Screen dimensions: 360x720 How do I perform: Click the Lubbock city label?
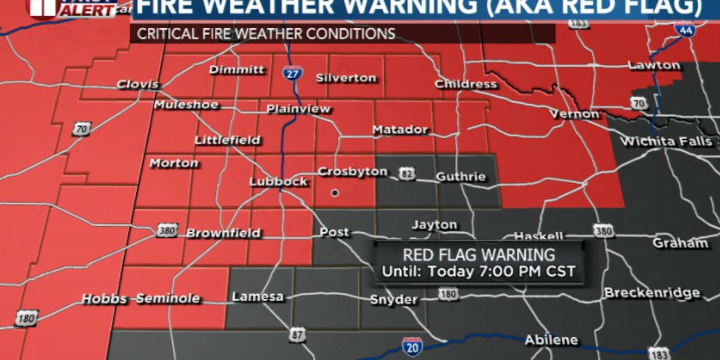coord(278,181)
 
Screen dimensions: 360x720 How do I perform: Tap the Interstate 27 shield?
coord(292,74)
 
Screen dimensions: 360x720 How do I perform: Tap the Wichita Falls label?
coord(666,142)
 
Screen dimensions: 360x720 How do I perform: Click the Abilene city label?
coord(551,340)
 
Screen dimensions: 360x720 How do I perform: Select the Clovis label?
coord(137,84)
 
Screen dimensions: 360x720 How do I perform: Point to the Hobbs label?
coord(104,299)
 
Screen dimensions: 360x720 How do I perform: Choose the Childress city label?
coord(466,84)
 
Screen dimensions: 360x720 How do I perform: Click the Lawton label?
coord(654,65)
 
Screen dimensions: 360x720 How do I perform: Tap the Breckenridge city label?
coord(652,293)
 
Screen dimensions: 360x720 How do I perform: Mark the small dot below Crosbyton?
coord(335,193)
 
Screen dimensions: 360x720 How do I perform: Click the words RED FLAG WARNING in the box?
coord(478,254)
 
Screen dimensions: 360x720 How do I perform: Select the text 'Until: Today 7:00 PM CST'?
coord(478,271)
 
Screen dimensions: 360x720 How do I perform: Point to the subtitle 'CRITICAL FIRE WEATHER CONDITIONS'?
coord(266,34)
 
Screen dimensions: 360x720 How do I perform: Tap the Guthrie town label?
coord(460,177)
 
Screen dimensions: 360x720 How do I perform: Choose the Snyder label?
coord(394,300)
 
